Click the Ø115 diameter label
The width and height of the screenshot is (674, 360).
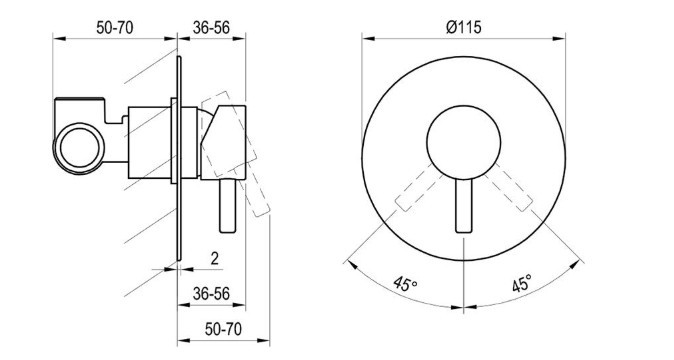pos(464,28)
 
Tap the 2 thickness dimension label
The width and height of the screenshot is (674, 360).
pos(214,258)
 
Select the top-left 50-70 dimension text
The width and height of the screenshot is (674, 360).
pos(114,28)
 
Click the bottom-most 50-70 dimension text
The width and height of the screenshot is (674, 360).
pos(223,329)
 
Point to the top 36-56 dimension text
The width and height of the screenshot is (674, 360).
pos(211,28)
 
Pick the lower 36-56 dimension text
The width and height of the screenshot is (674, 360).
pos(211,294)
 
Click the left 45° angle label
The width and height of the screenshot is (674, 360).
pos(405,284)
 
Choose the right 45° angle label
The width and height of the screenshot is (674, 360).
pos(522,284)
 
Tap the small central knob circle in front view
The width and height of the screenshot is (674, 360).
pos(464,142)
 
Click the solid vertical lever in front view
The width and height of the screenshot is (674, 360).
pos(464,205)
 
